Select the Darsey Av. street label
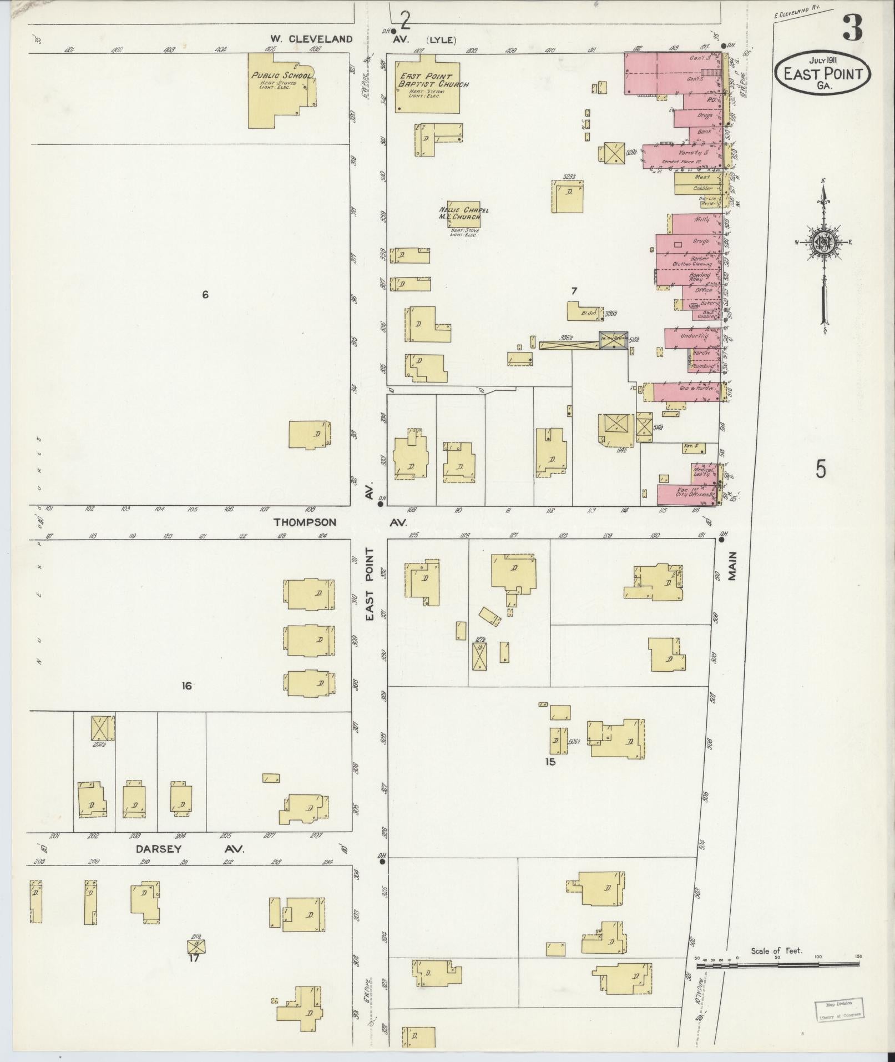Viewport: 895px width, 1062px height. [x=158, y=864]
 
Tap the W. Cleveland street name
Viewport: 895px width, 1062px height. [x=311, y=39]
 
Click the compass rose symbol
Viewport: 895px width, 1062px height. [x=823, y=241]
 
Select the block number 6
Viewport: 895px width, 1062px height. [x=205, y=295]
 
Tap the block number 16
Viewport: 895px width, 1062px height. [x=186, y=686]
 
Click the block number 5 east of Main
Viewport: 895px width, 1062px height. [x=821, y=470]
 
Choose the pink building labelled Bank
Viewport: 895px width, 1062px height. [x=704, y=133]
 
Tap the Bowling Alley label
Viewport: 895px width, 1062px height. [x=700, y=278]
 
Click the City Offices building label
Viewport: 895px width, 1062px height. [x=694, y=494]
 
